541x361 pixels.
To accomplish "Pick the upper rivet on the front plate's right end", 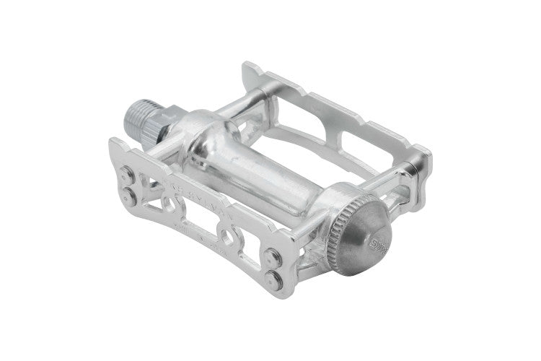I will (273, 252).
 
